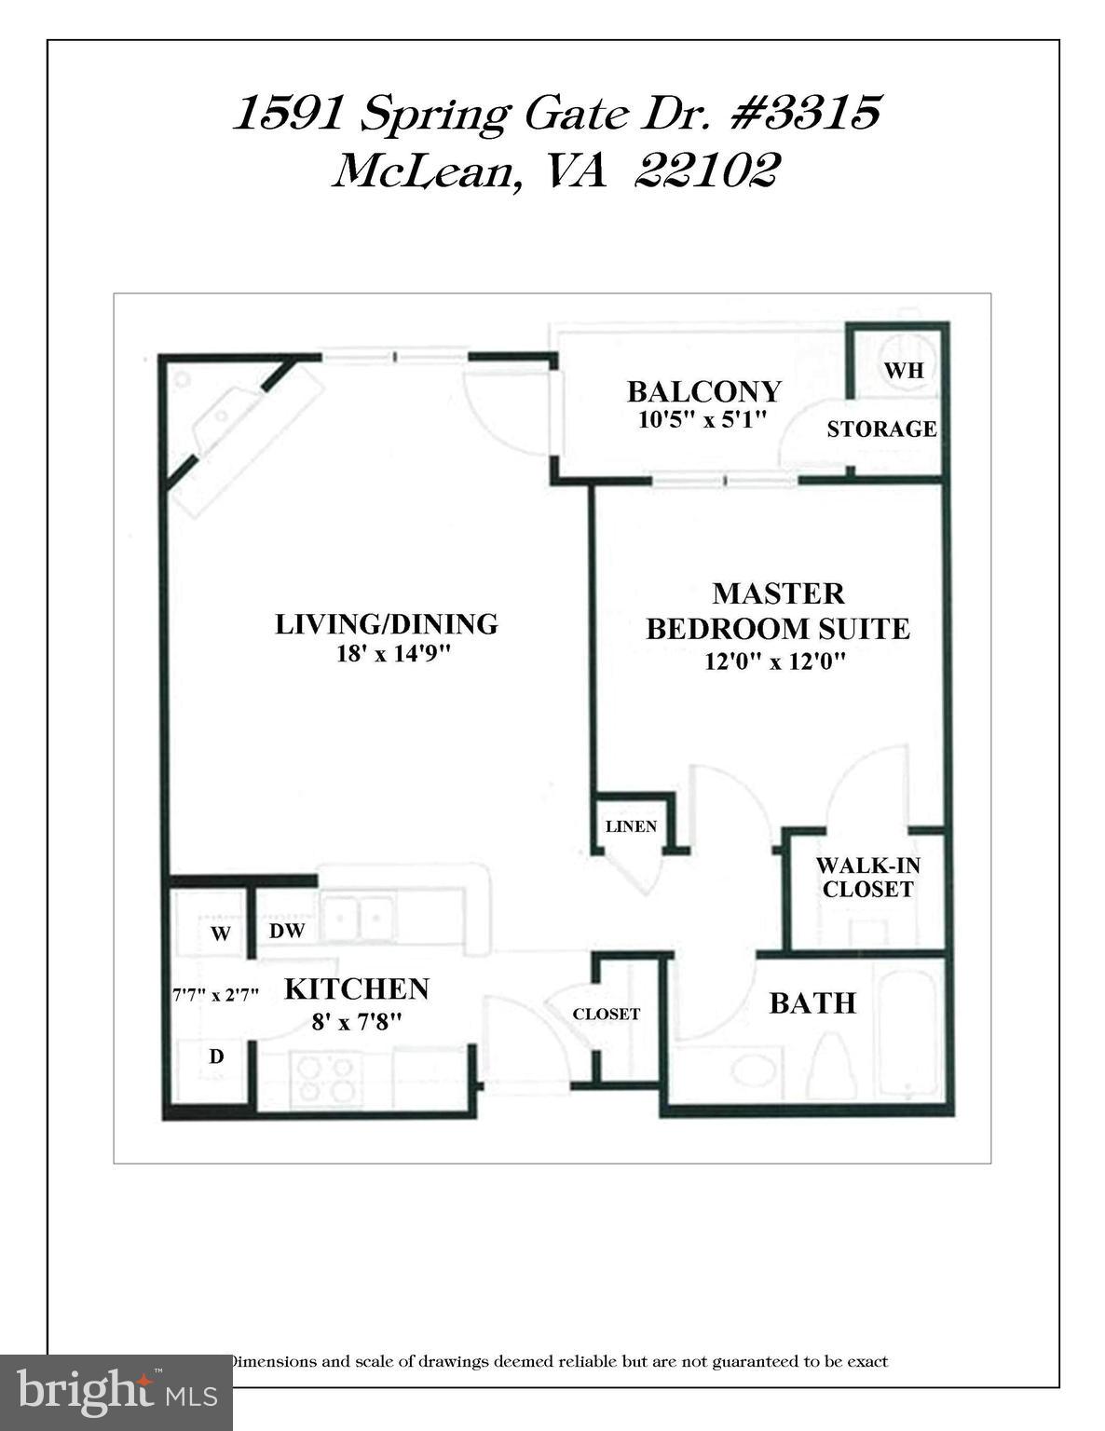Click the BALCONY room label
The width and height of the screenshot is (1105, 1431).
[x=703, y=390]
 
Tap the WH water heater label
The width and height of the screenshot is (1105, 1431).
[x=903, y=370]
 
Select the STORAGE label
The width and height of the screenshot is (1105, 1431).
[x=881, y=429]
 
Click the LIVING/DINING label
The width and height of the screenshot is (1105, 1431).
[x=387, y=624]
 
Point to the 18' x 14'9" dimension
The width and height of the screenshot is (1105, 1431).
[x=393, y=654]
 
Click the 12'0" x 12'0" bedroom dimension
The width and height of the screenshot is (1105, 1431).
[x=775, y=662]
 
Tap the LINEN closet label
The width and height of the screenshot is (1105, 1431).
[x=631, y=826]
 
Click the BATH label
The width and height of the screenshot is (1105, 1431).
[x=812, y=1003]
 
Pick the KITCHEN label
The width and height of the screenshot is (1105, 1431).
[x=356, y=988]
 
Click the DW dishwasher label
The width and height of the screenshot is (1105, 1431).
[x=287, y=931]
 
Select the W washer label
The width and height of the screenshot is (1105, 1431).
[x=220, y=934]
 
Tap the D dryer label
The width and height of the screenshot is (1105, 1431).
[x=216, y=1056]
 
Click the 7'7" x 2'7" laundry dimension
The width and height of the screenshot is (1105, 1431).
[x=215, y=995]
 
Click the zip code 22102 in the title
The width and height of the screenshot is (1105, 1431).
[x=705, y=171]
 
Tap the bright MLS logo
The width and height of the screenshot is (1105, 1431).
[x=116, y=1393]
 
